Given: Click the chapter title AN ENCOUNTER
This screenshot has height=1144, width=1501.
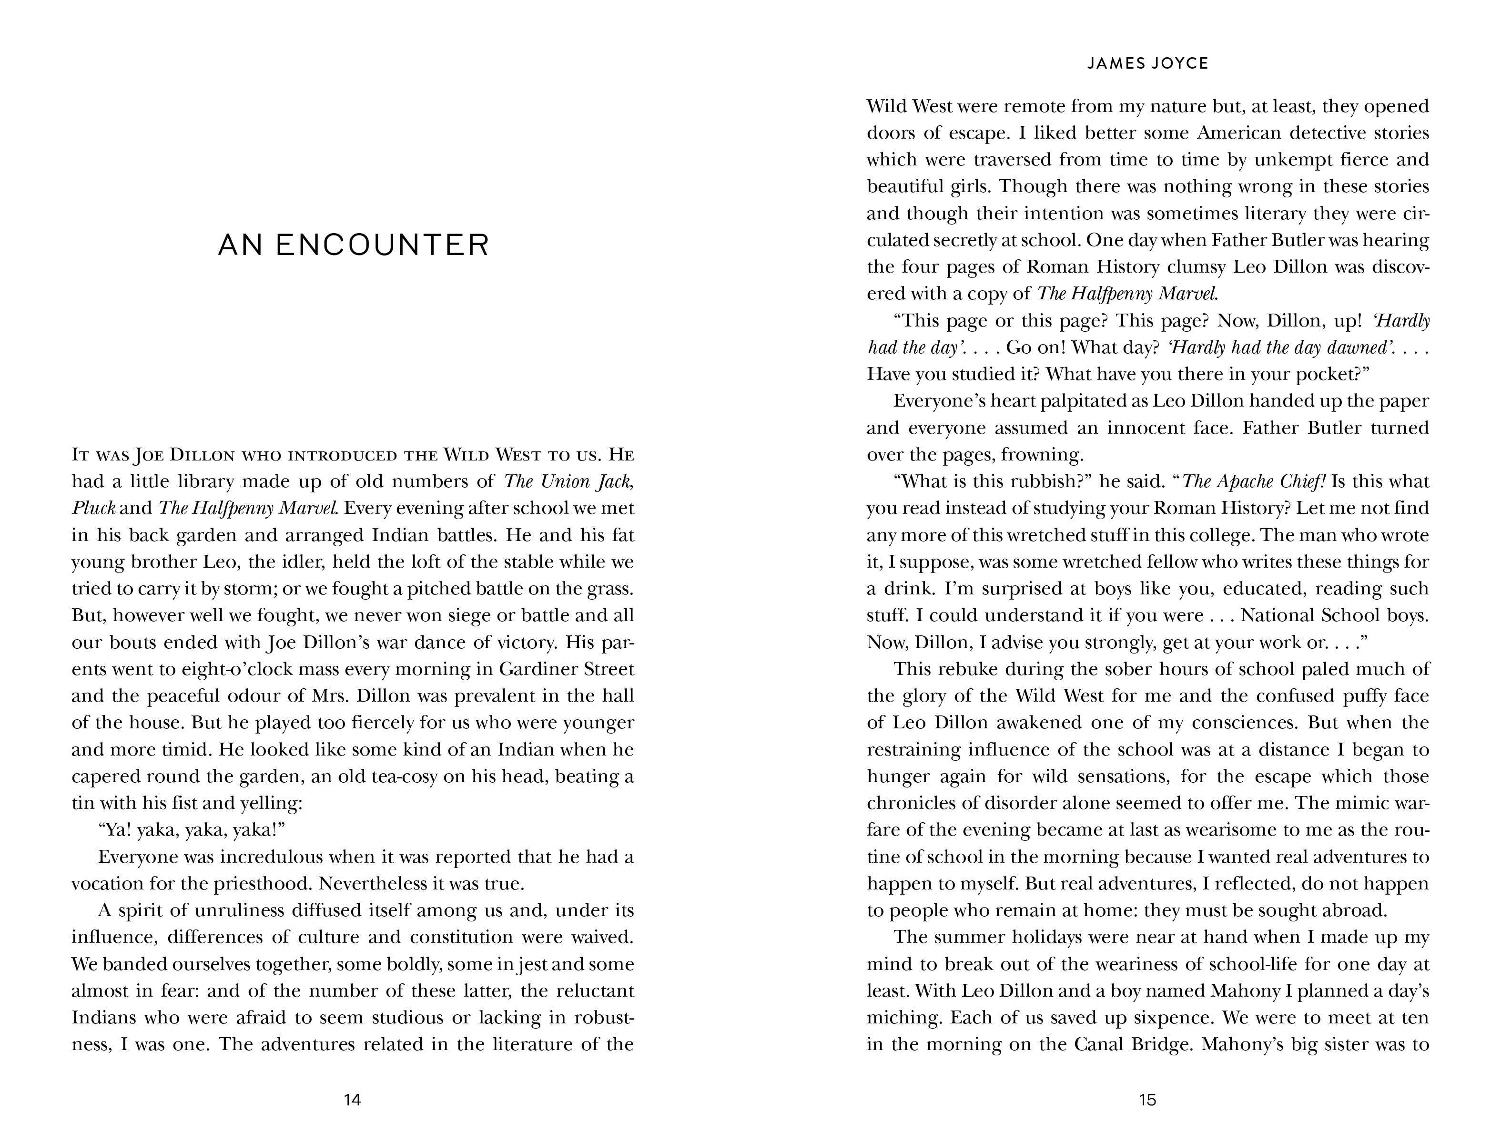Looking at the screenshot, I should click(x=353, y=245).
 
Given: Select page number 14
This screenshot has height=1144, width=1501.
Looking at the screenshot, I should click(x=352, y=1099).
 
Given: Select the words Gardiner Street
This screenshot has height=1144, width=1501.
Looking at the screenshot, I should click(x=567, y=669).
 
